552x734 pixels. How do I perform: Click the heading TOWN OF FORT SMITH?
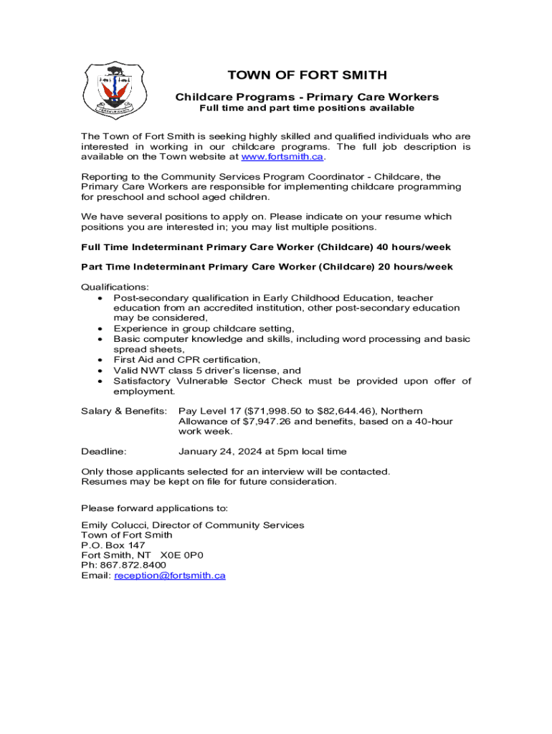click(307, 75)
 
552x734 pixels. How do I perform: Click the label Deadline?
click(104, 452)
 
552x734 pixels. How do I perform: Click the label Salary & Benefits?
click(124, 411)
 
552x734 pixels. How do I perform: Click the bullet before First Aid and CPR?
click(100, 360)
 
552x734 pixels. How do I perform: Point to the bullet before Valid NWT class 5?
click(100, 371)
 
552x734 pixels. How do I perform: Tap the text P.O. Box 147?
click(113, 545)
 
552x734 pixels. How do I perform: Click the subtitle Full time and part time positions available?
click(306, 108)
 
